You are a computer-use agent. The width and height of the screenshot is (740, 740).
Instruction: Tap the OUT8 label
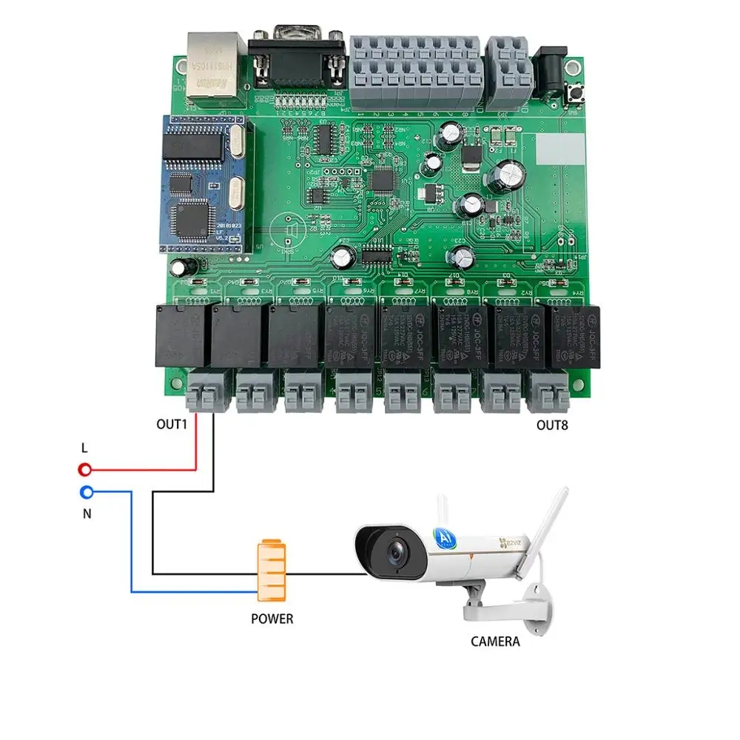coord(554,425)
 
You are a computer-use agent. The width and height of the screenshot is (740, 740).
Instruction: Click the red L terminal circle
coord(86,469)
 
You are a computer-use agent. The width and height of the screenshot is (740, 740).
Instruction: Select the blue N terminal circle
coord(86,491)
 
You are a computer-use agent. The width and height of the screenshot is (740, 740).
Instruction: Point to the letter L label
coord(84,448)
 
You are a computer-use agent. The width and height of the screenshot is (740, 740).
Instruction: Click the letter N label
coord(87,513)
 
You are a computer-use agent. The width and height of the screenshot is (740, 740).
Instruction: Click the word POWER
coord(272,618)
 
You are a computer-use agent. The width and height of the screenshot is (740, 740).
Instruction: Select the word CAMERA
coord(495,642)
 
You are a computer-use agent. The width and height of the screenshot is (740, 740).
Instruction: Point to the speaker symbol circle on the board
coord(289,232)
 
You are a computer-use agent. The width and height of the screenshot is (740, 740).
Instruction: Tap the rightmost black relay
coord(574,337)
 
